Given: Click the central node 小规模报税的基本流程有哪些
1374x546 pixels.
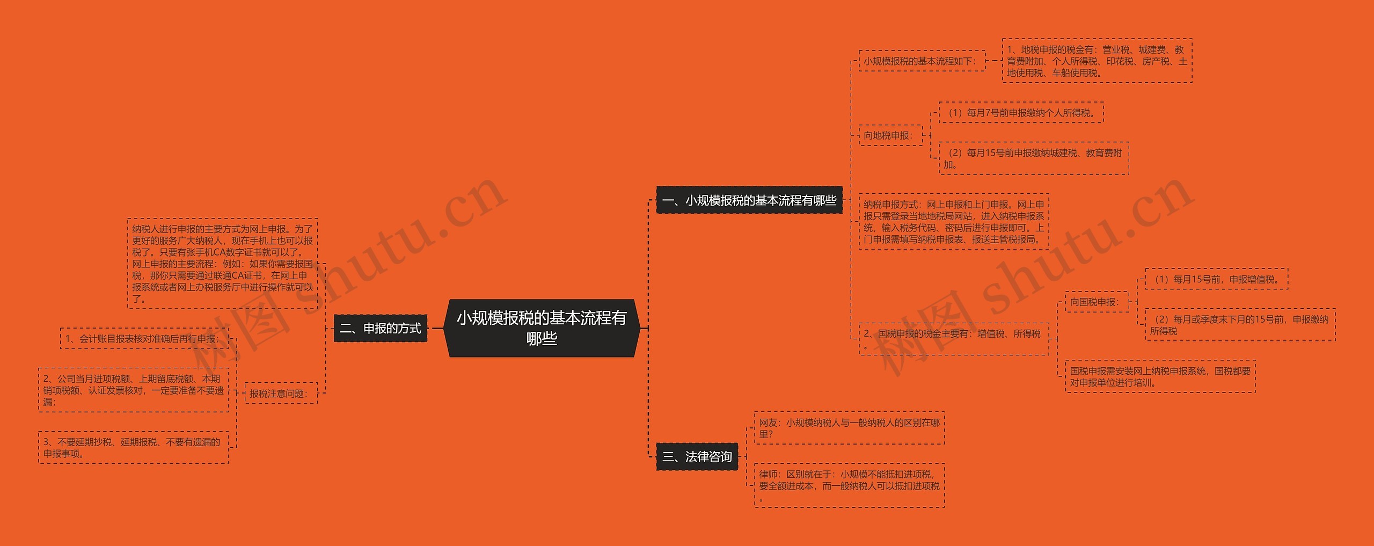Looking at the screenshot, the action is click(x=542, y=328).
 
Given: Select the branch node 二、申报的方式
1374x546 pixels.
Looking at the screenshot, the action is click(x=380, y=328).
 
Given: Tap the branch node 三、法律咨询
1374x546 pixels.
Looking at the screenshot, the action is click(x=697, y=457).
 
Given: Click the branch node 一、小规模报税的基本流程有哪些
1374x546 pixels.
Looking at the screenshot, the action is click(x=749, y=200).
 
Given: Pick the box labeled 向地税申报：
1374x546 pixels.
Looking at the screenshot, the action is click(x=889, y=135).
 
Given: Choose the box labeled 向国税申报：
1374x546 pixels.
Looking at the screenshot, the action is click(x=1095, y=302).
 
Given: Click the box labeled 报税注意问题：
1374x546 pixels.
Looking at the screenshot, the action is click(x=280, y=394).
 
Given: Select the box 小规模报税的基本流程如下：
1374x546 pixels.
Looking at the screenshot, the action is click(x=921, y=61).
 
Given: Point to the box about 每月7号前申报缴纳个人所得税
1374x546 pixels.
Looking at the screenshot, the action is click(x=1020, y=113).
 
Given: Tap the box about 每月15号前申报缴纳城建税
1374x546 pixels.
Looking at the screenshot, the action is click(x=1033, y=158).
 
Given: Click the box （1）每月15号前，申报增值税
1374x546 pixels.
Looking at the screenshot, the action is click(x=1216, y=279).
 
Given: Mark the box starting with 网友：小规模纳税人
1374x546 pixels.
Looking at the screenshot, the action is click(x=849, y=428).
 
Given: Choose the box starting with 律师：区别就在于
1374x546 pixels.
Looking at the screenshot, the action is click(x=849, y=486).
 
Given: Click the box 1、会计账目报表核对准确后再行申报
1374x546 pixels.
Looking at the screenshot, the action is click(x=143, y=339).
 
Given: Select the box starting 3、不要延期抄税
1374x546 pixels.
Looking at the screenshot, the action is click(x=133, y=448).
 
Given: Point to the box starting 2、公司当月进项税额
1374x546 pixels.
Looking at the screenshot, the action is click(x=133, y=390).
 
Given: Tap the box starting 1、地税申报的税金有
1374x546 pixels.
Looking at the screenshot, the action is click(x=1097, y=61).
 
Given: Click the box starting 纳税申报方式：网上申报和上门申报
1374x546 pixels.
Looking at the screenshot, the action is click(x=953, y=222).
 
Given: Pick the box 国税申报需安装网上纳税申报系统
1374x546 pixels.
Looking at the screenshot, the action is click(x=1160, y=376).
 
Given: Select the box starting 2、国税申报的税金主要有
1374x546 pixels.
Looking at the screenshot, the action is click(x=953, y=339).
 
